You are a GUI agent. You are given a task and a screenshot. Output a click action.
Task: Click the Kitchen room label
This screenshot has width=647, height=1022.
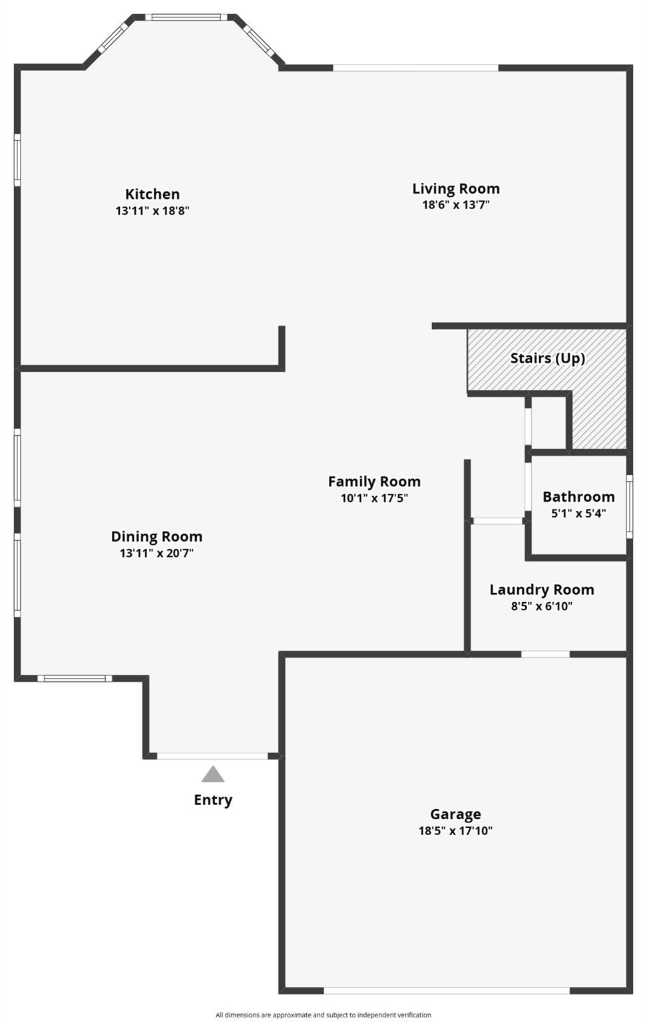tap(152, 194)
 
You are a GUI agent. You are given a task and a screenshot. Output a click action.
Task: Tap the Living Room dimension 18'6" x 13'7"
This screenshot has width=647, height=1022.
tap(456, 205)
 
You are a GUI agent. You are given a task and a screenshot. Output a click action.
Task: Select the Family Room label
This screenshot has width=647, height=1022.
tap(374, 481)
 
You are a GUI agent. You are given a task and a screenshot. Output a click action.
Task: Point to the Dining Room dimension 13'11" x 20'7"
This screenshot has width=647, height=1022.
tap(156, 553)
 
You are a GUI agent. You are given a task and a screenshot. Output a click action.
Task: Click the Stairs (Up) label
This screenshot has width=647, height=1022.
tap(547, 358)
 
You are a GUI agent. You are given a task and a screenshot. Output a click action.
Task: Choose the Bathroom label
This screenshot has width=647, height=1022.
tap(578, 496)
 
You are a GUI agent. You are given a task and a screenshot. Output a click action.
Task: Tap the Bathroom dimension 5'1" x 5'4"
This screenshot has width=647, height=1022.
tap(578, 514)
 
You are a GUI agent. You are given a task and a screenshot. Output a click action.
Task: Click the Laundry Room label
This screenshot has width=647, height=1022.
tap(542, 590)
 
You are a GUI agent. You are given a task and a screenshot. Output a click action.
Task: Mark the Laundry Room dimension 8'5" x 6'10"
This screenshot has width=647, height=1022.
tap(542, 606)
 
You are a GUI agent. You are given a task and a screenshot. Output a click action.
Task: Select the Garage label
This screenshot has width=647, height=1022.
tap(455, 814)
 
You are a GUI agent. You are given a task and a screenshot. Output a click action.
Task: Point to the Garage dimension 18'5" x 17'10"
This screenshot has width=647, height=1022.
tap(455, 831)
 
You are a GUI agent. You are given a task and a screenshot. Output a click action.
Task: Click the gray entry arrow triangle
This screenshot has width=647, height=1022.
tap(213, 775)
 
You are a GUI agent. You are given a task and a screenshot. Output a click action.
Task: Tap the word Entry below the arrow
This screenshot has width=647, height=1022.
tap(213, 800)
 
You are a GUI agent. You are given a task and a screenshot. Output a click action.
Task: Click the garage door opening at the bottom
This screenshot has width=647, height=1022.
tap(446, 991)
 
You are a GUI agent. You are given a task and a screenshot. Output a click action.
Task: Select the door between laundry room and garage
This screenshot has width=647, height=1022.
tap(545, 654)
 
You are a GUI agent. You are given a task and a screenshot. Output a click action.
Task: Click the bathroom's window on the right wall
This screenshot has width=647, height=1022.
tap(629, 507)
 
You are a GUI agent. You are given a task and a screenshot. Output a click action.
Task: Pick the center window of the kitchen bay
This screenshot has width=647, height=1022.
tap(186, 17)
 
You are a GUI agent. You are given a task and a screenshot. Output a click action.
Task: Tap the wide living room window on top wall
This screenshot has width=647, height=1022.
tap(415, 68)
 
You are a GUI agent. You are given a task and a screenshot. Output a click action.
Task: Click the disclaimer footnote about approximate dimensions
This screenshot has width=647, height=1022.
tap(323, 1015)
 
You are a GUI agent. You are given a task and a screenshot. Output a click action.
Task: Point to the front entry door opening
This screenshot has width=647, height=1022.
tap(212, 756)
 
